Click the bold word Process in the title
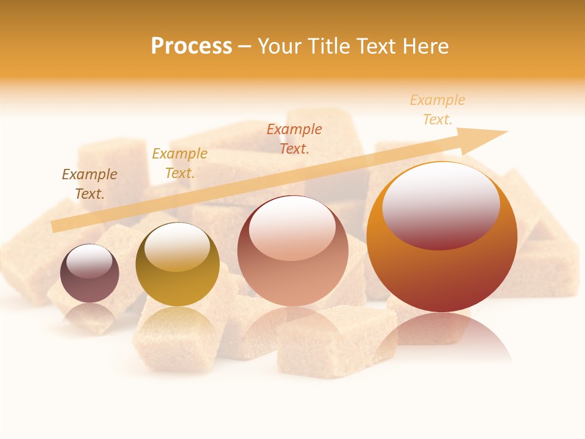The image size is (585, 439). click(191, 46)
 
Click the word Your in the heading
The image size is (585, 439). click(280, 46)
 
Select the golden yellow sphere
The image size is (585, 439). click(177, 287)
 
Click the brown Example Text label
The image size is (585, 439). click(90, 184)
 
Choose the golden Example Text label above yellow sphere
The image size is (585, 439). click(180, 163)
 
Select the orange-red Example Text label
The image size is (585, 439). click(294, 139)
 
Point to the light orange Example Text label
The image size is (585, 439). click(438, 110)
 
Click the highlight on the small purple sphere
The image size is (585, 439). click(89, 262)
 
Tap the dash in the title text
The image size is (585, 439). click(245, 47)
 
